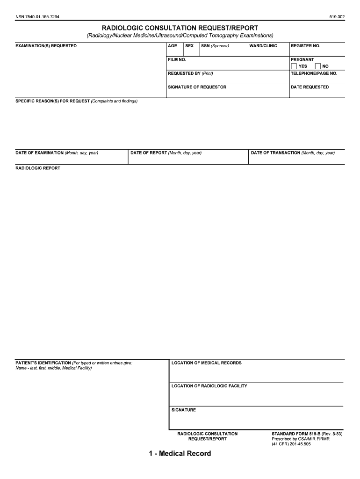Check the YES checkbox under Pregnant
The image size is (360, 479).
[294, 66]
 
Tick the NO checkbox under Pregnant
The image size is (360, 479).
[318, 66]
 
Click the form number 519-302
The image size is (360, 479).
[337, 17]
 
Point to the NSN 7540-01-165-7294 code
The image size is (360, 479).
[37, 17]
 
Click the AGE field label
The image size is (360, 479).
[173, 46]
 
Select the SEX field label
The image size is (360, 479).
[189, 46]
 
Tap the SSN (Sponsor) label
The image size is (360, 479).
[215, 46]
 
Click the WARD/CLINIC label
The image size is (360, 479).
[263, 46]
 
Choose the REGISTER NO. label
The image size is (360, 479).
[305, 46]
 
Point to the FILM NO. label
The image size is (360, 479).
[177, 60]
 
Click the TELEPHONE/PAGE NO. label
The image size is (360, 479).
[314, 73]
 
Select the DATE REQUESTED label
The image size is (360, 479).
[310, 87]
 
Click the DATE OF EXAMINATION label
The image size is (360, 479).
[40, 153]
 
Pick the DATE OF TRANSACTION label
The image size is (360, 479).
[275, 153]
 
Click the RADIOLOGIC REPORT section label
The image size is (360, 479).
[38, 168]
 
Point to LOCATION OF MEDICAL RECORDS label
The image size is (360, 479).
[207, 363]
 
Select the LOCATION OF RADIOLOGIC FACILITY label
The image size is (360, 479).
[209, 386]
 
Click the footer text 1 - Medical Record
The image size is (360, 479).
[180, 454]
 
